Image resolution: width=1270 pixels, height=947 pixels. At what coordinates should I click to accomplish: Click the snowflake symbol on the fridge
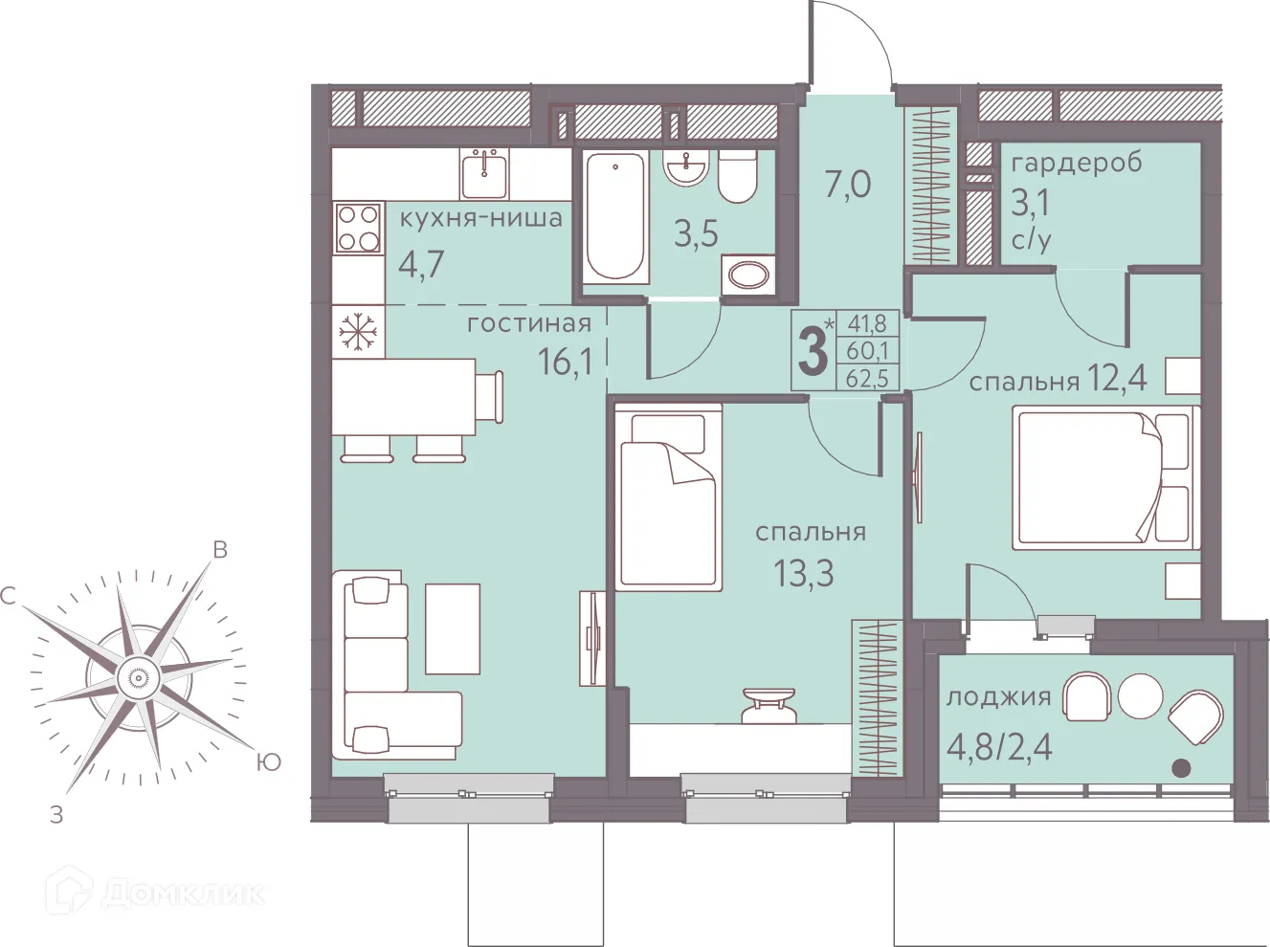coord(358,333)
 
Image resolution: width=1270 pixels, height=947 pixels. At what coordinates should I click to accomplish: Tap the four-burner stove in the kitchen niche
coord(359,228)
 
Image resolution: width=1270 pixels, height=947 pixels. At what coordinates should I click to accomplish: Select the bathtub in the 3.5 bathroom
coord(614,218)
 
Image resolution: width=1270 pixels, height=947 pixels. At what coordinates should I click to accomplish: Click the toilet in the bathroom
coord(738,176)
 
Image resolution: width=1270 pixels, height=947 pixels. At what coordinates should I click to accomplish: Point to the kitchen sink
coord(485,173)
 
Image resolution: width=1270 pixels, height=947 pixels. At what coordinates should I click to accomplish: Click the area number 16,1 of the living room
coord(566,363)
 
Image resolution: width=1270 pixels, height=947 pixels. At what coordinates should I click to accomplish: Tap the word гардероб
coord(1077,163)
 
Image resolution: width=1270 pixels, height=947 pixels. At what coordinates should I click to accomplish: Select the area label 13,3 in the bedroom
coord(804,574)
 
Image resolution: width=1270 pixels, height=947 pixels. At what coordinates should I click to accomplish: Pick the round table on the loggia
coord(1141,695)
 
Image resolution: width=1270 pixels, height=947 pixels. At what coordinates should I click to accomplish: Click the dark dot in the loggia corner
coord(1181,768)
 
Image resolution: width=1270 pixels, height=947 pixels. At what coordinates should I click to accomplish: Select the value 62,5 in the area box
coord(867,378)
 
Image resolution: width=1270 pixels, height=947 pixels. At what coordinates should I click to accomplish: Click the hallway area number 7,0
coord(848,185)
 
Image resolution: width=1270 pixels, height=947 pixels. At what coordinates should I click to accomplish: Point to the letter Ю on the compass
coord(269,762)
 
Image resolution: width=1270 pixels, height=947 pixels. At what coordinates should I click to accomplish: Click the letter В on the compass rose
coord(220,549)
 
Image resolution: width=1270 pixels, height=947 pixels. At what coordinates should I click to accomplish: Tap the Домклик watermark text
coord(183,894)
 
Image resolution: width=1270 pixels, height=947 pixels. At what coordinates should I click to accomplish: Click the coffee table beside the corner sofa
coord(453,629)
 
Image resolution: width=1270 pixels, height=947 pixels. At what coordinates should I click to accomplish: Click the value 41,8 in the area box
coord(867,323)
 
